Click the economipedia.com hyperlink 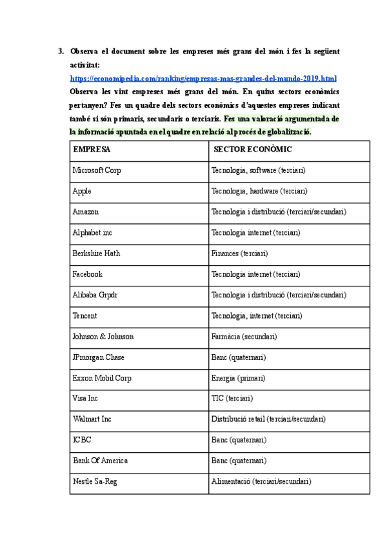coord(204,78)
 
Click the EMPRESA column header coord(92,149)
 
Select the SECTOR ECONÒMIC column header coord(253,149)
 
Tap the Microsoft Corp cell coord(97,170)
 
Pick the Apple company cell coord(82,191)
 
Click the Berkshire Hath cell coord(96,253)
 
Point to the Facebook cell coord(88,273)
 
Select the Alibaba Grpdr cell coord(95,295)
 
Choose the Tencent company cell coord(86,315)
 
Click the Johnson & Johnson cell coord(103,336)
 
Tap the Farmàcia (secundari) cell coord(244,336)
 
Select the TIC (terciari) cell coord(232,399)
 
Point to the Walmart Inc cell coord(92,419)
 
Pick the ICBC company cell coord(82,440)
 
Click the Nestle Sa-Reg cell coord(95,481)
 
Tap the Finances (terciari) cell coord(239,253)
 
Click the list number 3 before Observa coord(61,50)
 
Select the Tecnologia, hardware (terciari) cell coord(259,191)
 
